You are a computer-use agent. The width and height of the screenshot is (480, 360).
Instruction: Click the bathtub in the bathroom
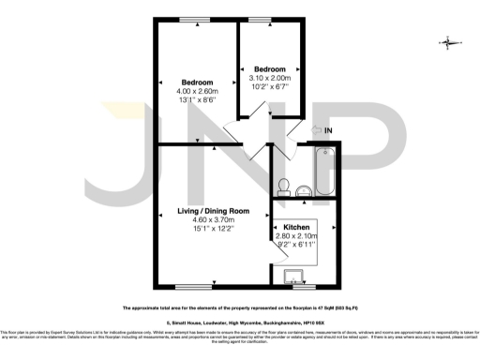tap(323, 172)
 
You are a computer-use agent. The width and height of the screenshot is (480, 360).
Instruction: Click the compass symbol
tap(449, 42)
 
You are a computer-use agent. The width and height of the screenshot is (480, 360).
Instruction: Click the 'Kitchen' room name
tap(297, 227)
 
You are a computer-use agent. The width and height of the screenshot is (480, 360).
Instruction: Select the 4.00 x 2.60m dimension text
tap(197, 91)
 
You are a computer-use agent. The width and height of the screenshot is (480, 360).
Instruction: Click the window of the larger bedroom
tap(198, 19)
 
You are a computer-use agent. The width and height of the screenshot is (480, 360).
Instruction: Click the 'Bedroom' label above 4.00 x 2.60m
tap(197, 82)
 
